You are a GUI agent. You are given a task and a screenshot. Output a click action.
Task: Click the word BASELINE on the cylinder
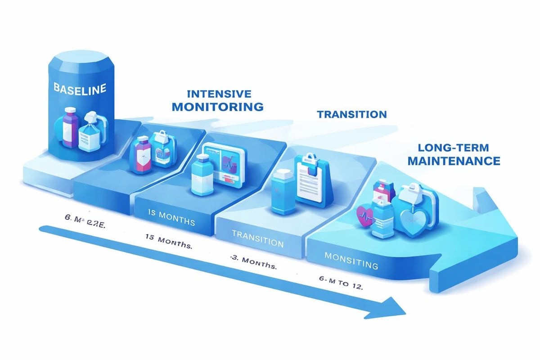[x=80, y=88]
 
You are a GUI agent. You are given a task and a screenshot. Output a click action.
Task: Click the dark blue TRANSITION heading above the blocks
[x=351, y=114]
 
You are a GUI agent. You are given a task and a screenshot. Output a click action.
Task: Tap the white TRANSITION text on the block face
[x=257, y=240]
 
